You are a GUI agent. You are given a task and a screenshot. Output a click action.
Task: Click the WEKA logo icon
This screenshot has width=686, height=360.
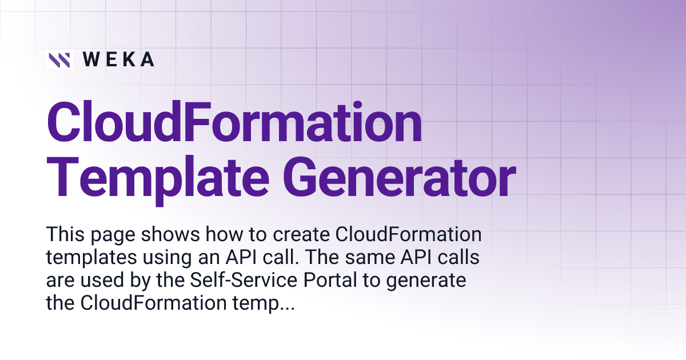tap(59, 59)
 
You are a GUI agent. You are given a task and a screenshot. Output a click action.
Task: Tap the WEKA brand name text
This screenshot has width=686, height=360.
tap(118, 59)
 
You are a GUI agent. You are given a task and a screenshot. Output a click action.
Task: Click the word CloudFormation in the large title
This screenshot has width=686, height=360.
tap(234, 124)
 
